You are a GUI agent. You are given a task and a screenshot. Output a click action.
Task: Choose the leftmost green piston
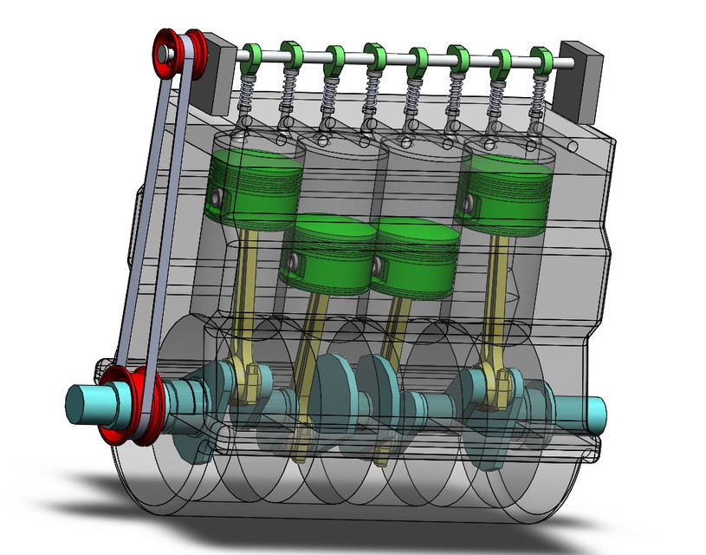point(256,186)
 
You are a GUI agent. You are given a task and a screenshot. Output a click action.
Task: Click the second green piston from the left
point(331,253)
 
